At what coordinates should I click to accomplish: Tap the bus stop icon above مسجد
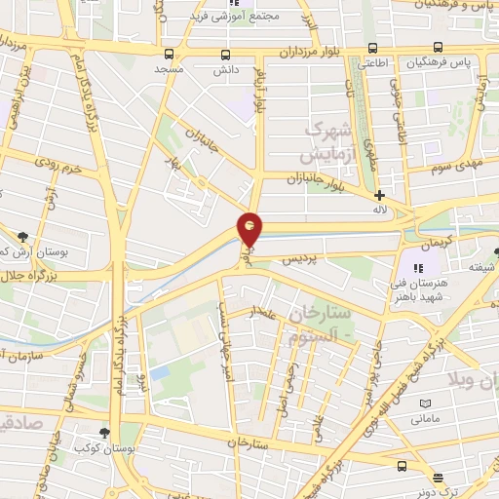coord(171,55)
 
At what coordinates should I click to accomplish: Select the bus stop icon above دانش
coord(226,55)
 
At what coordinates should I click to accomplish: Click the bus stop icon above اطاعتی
coord(372,48)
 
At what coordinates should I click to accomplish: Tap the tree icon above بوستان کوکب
coord(105,432)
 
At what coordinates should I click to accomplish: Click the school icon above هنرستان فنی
coord(419,268)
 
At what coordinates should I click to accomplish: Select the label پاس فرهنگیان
coord(445,61)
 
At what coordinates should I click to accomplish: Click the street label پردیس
coord(300,260)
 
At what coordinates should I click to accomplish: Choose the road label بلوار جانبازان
coord(321,178)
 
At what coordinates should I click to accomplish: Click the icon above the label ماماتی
coord(424,403)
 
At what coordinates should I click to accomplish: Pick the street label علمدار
coord(265,313)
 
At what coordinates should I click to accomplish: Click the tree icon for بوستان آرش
coord(21,236)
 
